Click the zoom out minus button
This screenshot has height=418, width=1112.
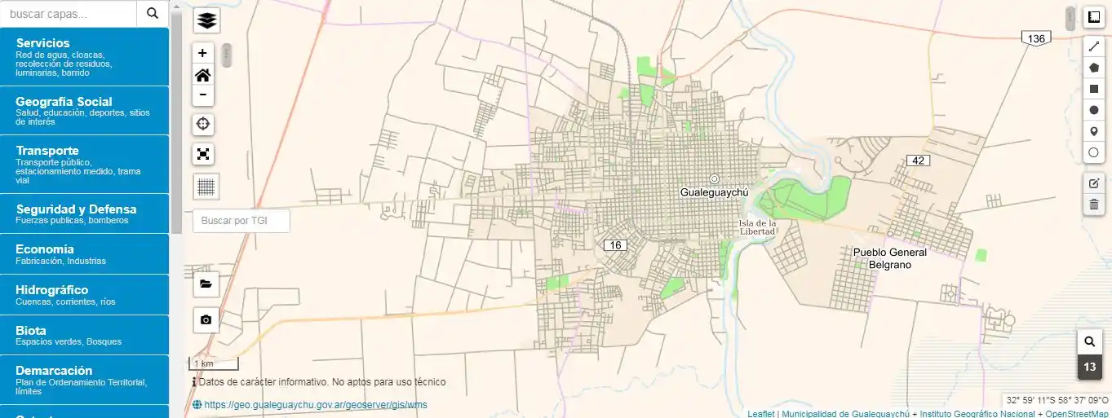click(203, 95)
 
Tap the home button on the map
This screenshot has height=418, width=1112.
click(203, 75)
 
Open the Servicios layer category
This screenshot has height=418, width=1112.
click(85, 56)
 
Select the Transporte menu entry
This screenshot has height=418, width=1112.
click(85, 163)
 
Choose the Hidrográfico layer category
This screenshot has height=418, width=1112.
click(85, 295)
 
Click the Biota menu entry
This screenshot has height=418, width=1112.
click(85, 335)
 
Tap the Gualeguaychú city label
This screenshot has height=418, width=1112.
click(714, 191)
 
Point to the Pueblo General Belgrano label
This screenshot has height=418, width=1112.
click(890, 258)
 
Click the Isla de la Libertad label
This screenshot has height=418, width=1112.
click(757, 227)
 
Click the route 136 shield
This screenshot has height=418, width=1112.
click(1036, 39)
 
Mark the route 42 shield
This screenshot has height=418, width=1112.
click(919, 161)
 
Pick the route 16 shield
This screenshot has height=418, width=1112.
click(614, 245)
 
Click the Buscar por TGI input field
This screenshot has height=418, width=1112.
click(241, 220)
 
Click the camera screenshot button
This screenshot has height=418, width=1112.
click(206, 320)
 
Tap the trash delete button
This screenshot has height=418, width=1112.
click(1094, 204)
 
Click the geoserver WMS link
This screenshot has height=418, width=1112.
click(315, 405)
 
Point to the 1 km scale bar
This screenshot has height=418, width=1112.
click(214, 363)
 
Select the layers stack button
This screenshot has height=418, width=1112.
click(206, 20)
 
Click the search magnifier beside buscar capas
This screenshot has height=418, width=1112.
click(153, 13)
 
